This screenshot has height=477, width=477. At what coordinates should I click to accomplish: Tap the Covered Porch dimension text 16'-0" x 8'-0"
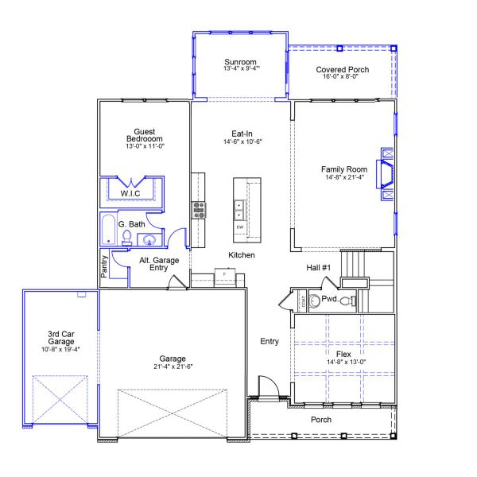[342, 77]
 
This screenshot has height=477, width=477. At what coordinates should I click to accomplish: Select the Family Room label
[344, 169]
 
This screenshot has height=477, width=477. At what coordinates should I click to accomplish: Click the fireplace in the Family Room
[386, 173]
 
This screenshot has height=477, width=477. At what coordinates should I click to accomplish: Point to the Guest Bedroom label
[145, 135]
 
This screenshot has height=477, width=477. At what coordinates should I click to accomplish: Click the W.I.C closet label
[131, 193]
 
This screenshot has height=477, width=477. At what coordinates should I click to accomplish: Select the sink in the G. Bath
[149, 240]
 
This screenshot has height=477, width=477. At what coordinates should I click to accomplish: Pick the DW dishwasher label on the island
[239, 227]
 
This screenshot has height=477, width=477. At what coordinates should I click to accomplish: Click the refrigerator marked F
[225, 275]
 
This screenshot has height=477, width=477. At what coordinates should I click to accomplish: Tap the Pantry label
[105, 266]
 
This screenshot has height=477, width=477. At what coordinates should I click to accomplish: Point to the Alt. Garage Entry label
[159, 264]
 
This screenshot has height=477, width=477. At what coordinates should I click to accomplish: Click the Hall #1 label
[318, 268]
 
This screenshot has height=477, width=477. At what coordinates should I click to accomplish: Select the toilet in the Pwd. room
[316, 301]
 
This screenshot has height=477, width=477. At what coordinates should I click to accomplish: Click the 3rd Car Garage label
[60, 337]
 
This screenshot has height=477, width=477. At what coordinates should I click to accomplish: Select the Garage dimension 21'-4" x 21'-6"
[172, 366]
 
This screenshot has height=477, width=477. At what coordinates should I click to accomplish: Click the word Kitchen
[242, 255]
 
